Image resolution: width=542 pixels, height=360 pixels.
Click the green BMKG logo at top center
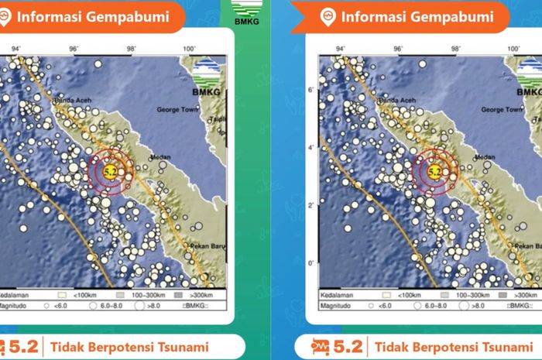click(249, 15)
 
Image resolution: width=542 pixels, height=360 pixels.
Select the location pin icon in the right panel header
click(327, 15)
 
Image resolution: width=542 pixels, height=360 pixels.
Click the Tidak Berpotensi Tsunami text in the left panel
click(130, 346)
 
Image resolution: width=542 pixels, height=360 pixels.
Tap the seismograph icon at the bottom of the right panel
click(321, 346)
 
